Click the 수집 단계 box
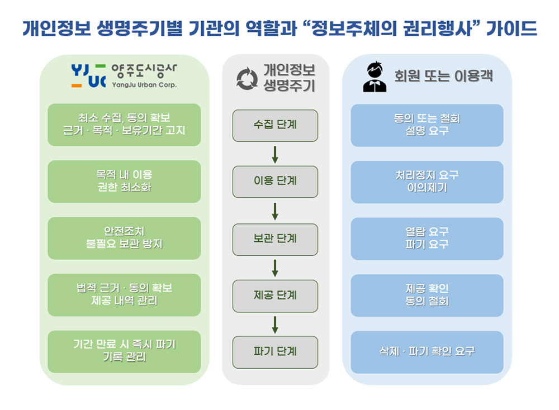275,125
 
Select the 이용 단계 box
275,182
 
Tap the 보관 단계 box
275,239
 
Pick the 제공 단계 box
275,295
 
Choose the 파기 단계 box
275,352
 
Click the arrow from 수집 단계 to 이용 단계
275,154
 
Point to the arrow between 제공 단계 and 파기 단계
275,325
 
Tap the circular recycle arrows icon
247,79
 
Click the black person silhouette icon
375,77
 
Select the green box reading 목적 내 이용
124,182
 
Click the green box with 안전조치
124,239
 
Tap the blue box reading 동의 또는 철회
427,125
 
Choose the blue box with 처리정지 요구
427,182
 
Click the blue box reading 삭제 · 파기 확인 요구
427,352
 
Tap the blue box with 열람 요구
427,239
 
